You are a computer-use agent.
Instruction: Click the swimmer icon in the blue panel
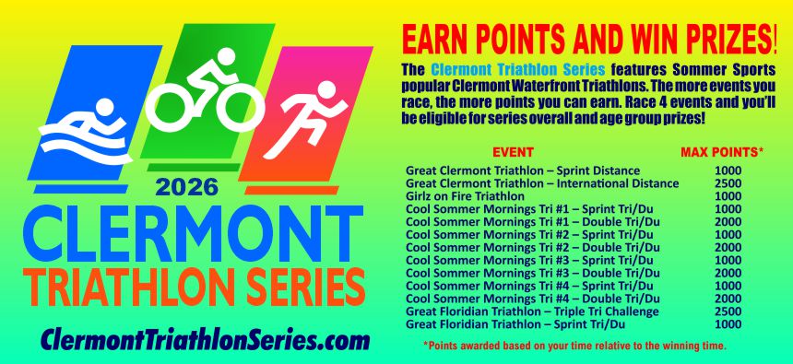coord(86,132)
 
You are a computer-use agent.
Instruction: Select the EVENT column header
coord(513,152)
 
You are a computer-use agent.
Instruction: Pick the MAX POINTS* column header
coord(722,152)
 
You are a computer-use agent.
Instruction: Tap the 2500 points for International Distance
coord(728,183)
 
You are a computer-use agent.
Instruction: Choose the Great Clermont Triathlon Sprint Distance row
coord(523,170)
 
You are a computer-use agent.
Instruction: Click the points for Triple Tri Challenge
coord(728,311)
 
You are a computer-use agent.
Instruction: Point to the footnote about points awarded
coord(574,346)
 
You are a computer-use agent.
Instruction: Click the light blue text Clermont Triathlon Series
coord(518,69)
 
